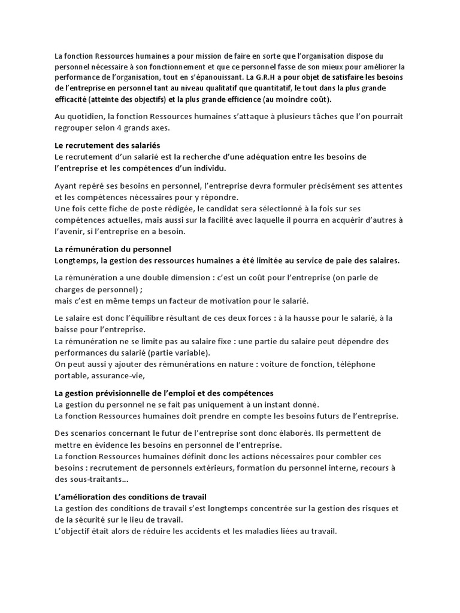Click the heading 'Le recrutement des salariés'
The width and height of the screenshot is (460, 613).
tap(107, 145)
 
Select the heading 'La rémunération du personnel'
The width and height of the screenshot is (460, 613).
tap(113, 249)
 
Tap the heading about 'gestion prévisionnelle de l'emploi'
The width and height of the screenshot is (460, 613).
tap(164, 393)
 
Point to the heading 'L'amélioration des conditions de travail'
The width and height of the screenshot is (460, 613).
tap(131, 497)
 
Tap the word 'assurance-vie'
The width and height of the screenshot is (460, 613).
tap(116, 376)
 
